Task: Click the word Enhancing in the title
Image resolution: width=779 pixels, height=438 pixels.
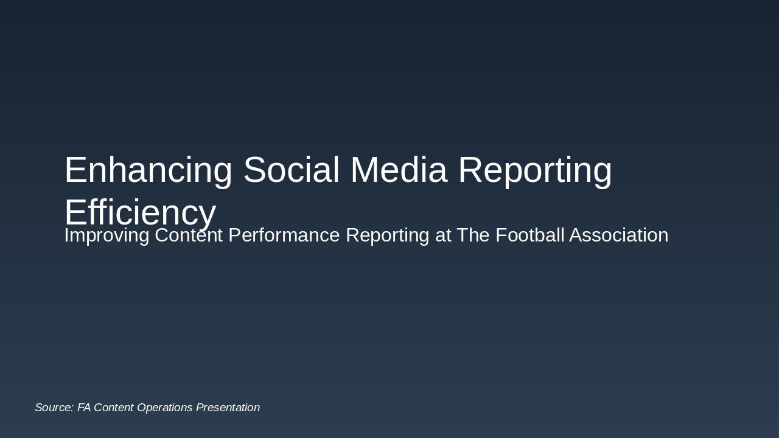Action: [148, 170]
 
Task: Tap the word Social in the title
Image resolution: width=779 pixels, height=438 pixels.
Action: [291, 170]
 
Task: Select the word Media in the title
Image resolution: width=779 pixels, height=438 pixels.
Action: [399, 170]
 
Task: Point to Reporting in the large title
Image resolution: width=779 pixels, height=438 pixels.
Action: [535, 170]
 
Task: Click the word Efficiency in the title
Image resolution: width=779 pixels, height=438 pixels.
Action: [140, 212]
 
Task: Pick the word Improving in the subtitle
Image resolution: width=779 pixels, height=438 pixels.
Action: [107, 235]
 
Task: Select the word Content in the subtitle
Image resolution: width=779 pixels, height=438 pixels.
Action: [189, 235]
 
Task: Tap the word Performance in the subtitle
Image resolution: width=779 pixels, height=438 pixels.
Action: [284, 235]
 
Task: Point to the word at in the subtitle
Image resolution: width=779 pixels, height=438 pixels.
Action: [443, 235]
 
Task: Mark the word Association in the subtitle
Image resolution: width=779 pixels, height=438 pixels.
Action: [618, 235]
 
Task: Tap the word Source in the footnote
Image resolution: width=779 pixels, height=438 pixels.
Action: [54, 408]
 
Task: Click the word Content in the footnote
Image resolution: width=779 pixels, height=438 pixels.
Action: [114, 408]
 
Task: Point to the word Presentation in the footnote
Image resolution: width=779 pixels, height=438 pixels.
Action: [228, 408]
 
